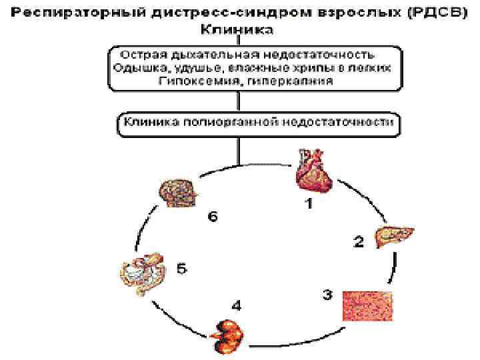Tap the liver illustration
[395, 236]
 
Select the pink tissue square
[367, 307]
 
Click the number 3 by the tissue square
[327, 295]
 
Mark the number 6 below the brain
[212, 218]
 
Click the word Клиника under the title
[239, 29]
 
